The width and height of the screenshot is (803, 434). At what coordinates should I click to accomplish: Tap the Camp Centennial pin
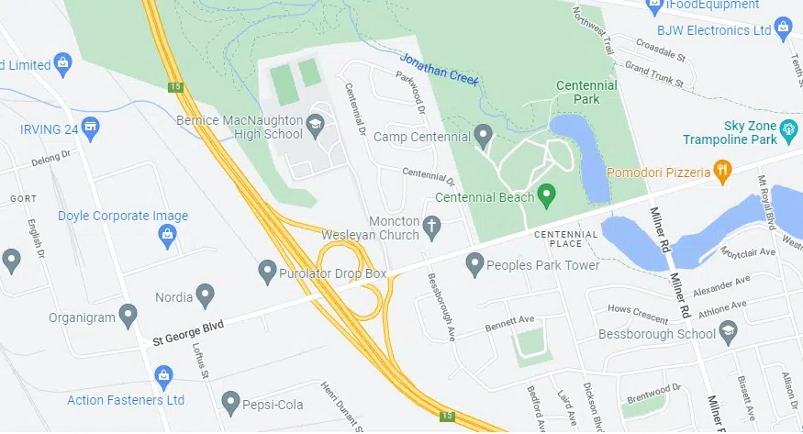(485, 139)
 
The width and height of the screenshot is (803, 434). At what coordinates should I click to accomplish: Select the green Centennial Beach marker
(547, 195)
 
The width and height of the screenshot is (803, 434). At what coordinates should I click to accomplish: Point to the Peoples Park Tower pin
(474, 264)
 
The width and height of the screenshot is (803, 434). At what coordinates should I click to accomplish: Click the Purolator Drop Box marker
(267, 271)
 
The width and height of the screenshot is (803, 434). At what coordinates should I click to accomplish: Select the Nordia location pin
(206, 295)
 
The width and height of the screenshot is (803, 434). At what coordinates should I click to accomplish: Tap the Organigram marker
(128, 317)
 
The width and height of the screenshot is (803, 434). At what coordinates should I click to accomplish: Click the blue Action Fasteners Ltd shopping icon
(164, 375)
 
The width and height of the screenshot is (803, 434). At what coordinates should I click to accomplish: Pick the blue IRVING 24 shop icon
(90, 128)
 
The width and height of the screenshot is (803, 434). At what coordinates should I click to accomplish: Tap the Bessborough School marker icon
(729, 333)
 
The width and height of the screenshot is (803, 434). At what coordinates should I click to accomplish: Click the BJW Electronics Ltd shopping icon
(783, 29)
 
